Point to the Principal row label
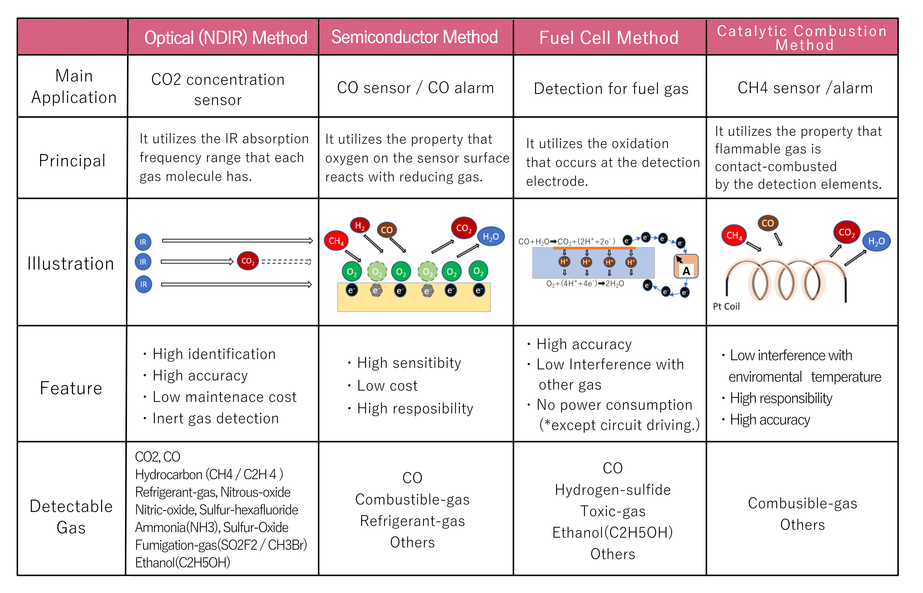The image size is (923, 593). click(72, 160)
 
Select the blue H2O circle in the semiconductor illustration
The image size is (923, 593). click(491, 236)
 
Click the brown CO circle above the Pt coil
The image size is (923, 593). click(767, 223)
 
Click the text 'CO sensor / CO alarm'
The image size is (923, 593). click(415, 88)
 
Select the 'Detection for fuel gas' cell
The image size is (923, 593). click(611, 88)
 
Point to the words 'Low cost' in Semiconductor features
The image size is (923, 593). click(387, 385)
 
